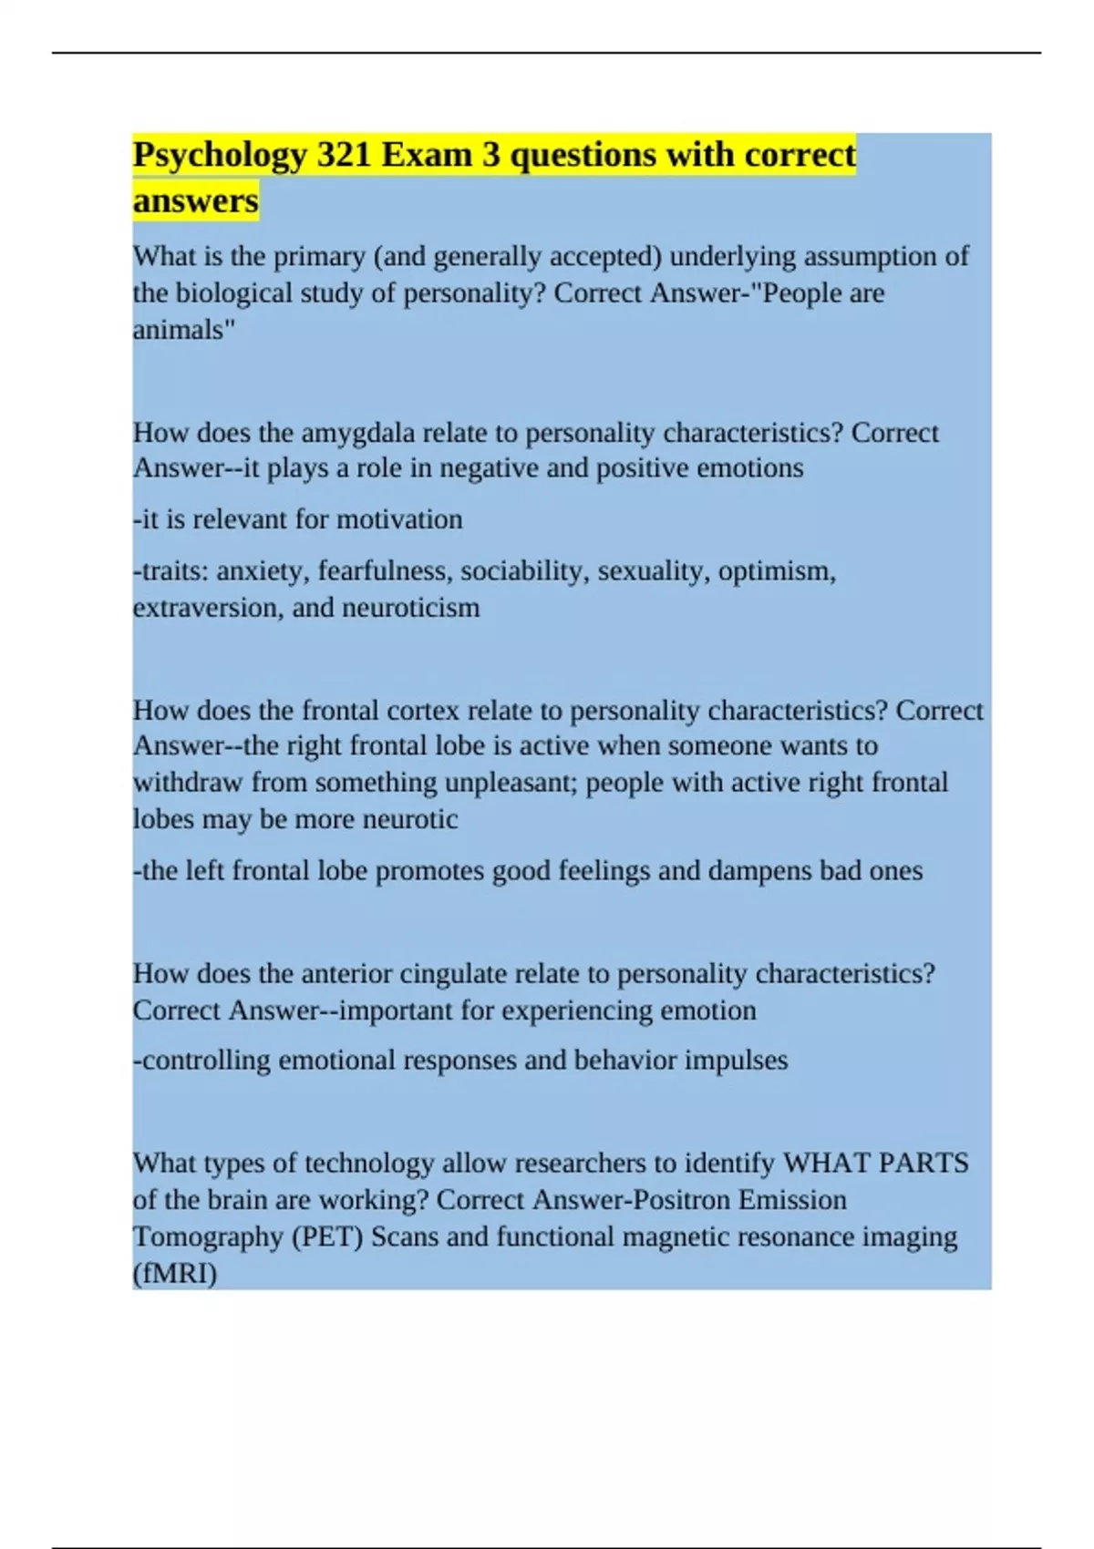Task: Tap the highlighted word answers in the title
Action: point(195,200)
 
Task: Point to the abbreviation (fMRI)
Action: point(175,1274)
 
